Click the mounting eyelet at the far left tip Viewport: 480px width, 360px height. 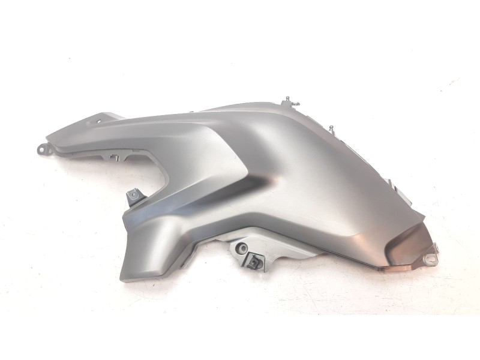pyautogui.click(x=41, y=148)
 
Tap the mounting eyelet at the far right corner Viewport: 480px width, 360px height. pyautogui.click(x=430, y=259)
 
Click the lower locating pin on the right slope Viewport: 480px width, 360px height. pyautogui.click(x=331, y=128)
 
